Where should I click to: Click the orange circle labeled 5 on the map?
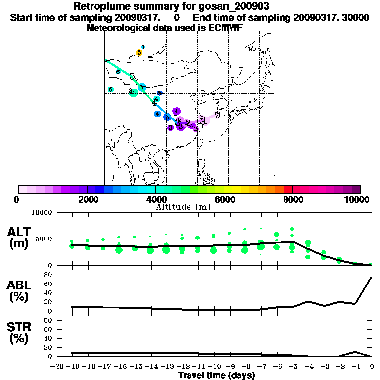[139, 53]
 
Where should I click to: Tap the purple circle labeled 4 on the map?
[176, 112]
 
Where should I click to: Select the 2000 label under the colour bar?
[87, 200]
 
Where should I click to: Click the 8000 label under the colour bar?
[293, 200]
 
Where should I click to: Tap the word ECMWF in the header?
[226, 28]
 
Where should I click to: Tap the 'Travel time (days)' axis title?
[216, 376]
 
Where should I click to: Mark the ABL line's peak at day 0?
[371, 278]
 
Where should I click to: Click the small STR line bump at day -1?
[355, 352]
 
